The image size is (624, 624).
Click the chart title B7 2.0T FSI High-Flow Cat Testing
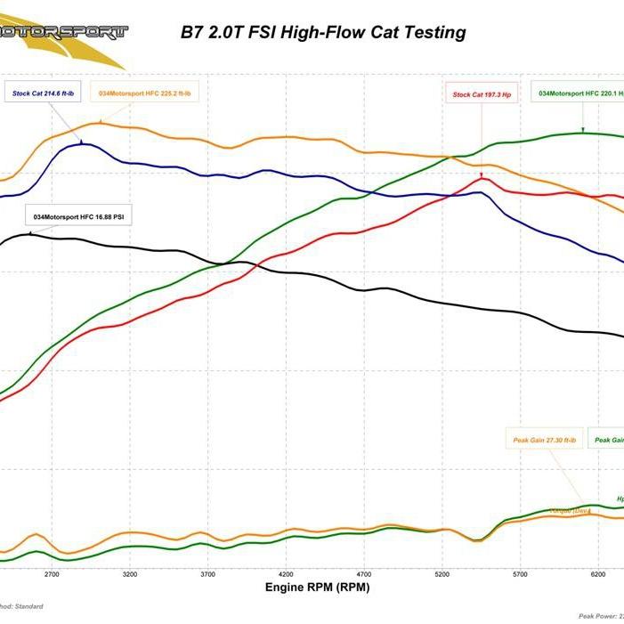323,33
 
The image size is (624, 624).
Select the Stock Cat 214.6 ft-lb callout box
42,92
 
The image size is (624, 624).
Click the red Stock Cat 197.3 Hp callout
482,94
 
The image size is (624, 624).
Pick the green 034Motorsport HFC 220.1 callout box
579,93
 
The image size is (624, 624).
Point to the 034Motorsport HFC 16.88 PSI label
77,216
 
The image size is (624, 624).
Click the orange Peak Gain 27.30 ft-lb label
545,440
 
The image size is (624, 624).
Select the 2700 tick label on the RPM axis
51,574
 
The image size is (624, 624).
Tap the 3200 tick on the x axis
130,574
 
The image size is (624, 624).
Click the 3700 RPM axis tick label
207,574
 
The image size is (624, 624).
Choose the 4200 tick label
286,574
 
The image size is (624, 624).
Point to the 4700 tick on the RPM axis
364,574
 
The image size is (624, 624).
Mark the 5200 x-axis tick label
442,574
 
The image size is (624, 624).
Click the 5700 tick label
521,574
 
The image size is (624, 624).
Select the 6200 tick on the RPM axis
598,574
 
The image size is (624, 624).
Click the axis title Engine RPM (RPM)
317,588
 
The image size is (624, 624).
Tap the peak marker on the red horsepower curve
482,177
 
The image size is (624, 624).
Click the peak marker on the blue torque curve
82,142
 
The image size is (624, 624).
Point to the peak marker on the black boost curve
28,233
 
